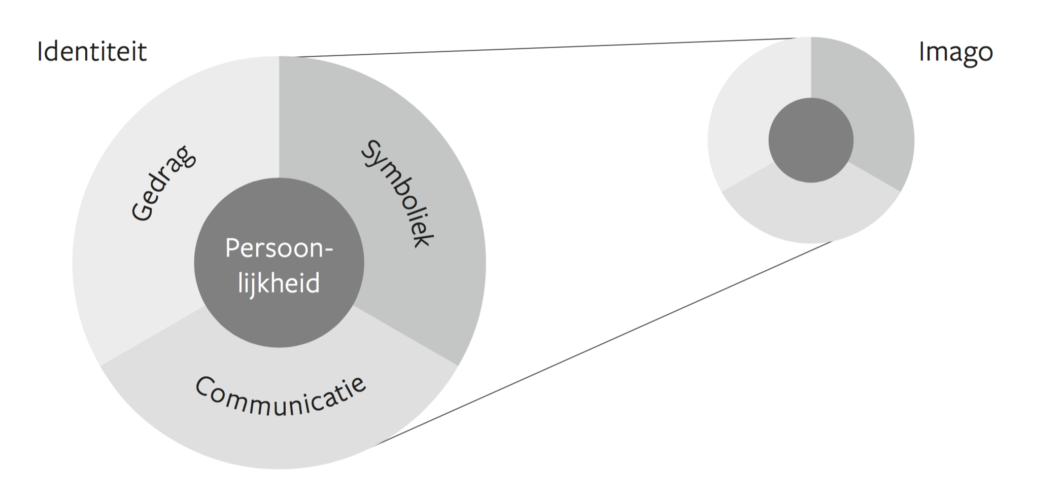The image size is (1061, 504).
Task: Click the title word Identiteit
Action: click(92, 52)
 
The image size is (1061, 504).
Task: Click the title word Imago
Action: click(955, 52)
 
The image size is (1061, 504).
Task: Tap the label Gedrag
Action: click(163, 184)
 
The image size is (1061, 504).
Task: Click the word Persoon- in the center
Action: click(279, 248)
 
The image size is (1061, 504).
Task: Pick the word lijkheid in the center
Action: click(279, 283)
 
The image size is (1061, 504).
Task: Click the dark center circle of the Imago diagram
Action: click(810, 140)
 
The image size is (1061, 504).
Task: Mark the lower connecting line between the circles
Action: click(604, 343)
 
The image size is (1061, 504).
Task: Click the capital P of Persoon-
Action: click(231, 248)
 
